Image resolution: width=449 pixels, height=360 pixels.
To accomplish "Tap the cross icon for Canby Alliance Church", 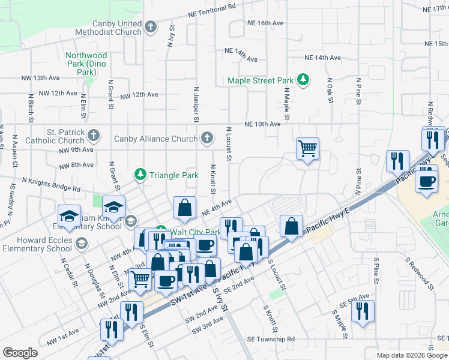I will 206,139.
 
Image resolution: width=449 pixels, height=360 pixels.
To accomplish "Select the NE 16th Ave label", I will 265,23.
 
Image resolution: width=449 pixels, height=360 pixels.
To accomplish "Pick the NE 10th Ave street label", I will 262,124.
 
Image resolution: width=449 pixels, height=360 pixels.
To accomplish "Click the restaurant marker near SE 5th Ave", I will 363,311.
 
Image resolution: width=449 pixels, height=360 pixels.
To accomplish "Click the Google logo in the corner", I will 20,353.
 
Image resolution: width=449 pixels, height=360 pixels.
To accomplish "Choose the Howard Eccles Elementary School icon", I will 80,244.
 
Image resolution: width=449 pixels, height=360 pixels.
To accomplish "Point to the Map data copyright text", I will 403,355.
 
